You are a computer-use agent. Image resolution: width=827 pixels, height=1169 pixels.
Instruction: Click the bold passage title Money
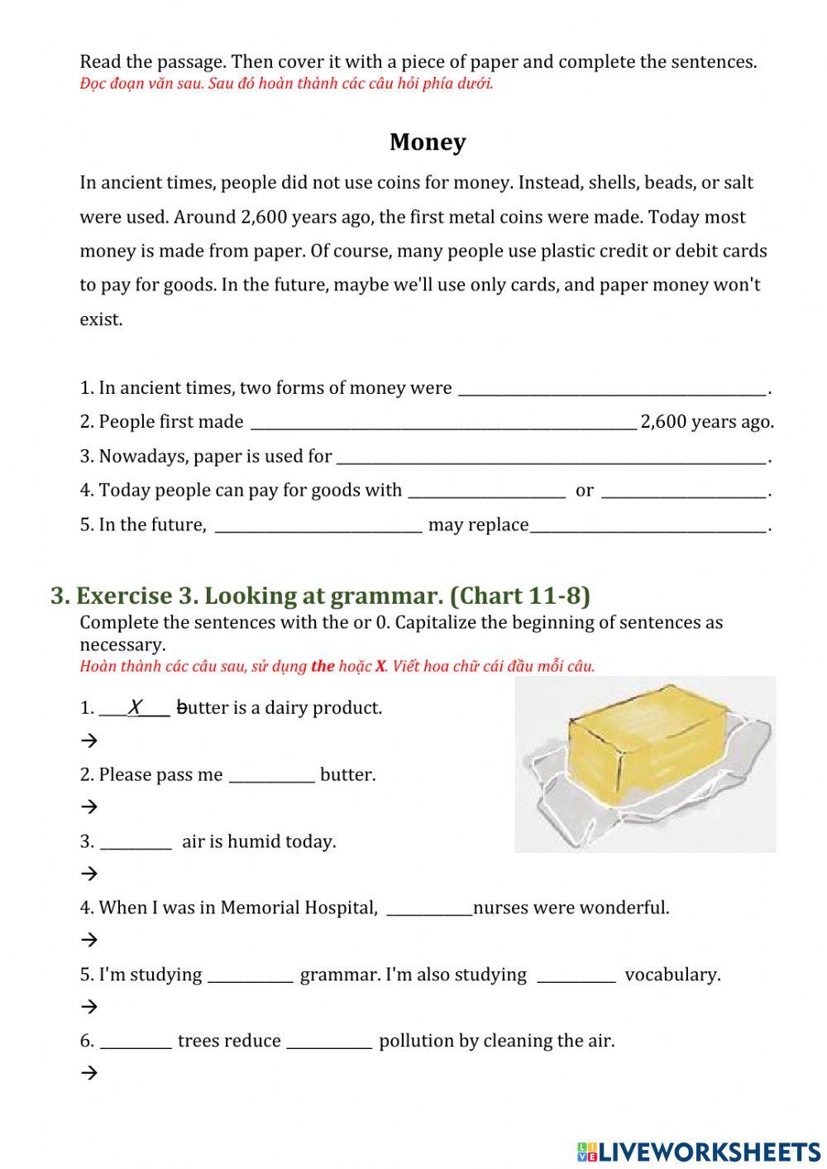point(428,142)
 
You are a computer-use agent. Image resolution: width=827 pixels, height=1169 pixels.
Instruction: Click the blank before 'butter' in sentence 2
point(271,775)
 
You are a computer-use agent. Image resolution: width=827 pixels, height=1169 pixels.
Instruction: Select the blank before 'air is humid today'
point(136,842)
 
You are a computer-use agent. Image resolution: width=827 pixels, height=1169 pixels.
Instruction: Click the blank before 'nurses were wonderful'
point(429,908)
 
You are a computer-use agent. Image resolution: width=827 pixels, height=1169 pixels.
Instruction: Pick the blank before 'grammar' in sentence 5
point(250,975)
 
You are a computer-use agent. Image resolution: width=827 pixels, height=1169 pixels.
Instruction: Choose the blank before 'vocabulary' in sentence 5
point(576,975)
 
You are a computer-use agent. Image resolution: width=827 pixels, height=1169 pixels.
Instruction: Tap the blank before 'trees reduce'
point(136,1042)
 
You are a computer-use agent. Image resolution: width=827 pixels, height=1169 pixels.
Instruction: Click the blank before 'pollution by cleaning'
point(329,1042)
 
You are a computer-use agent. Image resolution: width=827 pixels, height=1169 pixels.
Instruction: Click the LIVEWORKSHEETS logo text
point(699,1151)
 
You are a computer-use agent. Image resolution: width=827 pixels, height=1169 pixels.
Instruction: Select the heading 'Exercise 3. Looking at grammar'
point(320,596)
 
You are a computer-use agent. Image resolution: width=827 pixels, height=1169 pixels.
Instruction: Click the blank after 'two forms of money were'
point(612,389)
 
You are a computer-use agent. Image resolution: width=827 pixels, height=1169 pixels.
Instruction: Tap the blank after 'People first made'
point(442,423)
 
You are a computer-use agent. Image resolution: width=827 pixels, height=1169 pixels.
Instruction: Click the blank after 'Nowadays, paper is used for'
point(552,457)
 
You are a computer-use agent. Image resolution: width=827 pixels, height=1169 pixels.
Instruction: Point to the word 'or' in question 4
point(584,491)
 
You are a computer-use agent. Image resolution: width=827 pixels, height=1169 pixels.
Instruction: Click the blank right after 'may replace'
point(648,525)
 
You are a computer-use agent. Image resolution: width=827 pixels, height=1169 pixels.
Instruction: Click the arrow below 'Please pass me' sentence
point(89,807)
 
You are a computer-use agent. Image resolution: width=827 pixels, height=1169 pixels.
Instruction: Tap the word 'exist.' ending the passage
point(101,319)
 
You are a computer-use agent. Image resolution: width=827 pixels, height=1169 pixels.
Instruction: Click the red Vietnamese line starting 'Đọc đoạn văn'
point(286,84)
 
